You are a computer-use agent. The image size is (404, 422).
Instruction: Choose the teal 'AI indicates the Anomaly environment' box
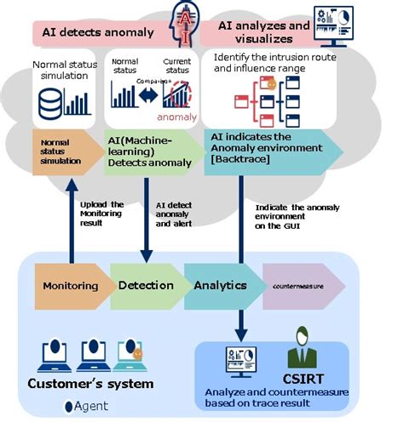pos(264,148)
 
